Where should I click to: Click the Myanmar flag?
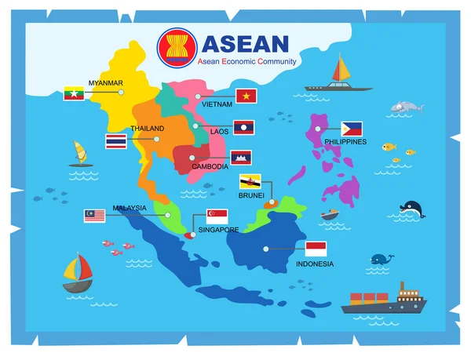[x=74, y=93]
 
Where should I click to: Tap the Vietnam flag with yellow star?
[x=246, y=96]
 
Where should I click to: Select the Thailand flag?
[x=115, y=142]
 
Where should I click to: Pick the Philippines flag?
[x=352, y=129]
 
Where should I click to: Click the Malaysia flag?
[x=95, y=216]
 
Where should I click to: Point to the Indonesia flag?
[x=316, y=249]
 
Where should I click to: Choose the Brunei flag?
[x=250, y=182]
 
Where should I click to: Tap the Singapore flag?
[x=217, y=216]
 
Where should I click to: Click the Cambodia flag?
[x=240, y=158]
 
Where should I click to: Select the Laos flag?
[x=244, y=126]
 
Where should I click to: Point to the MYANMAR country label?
[x=105, y=82]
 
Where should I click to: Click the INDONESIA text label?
[x=314, y=264]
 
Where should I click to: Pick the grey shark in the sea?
[x=403, y=107]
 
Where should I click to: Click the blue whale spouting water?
[x=382, y=258]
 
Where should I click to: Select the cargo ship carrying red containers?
[x=382, y=300]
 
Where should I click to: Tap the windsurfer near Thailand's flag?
[x=78, y=154]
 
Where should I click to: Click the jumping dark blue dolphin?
[x=411, y=209]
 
